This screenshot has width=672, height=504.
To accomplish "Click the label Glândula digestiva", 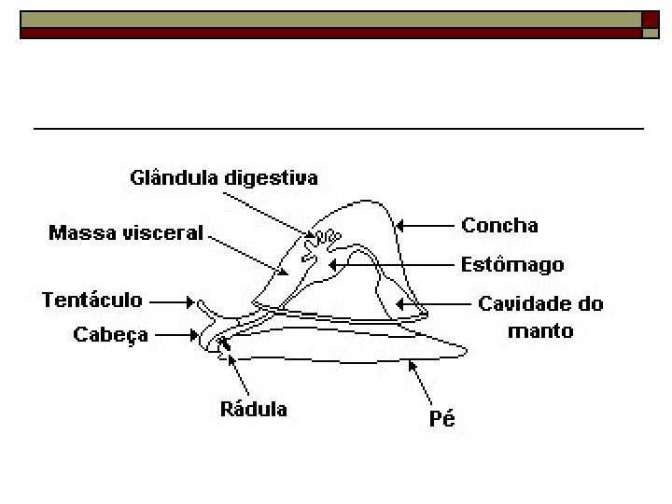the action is tap(223, 177).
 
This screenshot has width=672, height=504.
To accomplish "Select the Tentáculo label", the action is tap(92, 300).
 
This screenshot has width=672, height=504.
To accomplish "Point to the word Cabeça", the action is tap(111, 334).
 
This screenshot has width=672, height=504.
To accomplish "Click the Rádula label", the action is tap(253, 408).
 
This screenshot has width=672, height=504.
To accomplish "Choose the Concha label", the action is tap(499, 225).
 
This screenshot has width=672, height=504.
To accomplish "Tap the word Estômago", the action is tap(512, 264).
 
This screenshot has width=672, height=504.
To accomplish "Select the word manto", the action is tap(539, 329).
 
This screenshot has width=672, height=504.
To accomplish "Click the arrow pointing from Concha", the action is tap(424, 225).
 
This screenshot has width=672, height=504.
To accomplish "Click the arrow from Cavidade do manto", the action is tap(428, 303).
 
